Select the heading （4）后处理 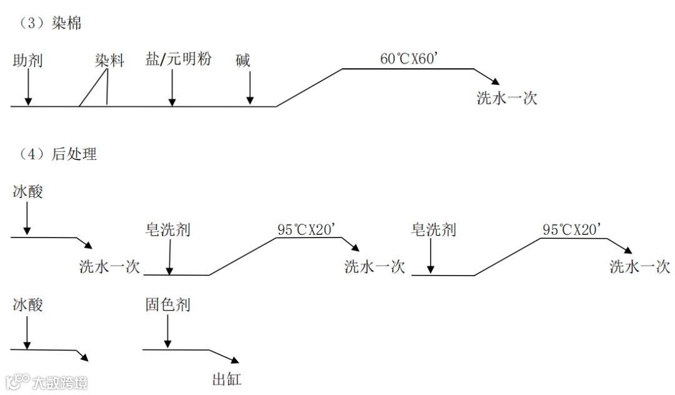[54, 154]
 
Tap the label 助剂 [27, 61]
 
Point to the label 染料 [109, 61]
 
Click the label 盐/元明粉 [178, 59]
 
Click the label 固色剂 [167, 305]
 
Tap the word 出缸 [226, 379]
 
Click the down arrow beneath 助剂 [27, 87]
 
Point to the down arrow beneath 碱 [250, 87]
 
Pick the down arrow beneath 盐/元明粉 [172, 87]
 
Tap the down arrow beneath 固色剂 [167, 331]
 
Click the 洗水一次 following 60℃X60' [507, 98]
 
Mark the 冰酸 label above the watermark [28, 305]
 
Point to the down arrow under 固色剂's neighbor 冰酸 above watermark [27, 331]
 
